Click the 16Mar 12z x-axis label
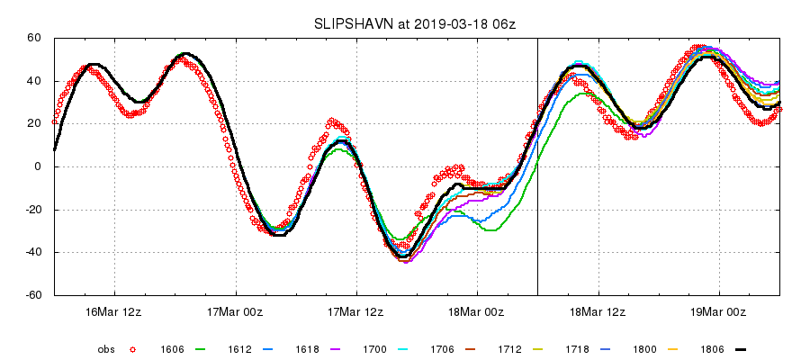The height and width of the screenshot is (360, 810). pyautogui.click(x=114, y=311)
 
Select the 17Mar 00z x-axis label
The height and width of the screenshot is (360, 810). pyautogui.click(x=236, y=311)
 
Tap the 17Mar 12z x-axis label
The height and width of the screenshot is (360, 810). pyautogui.click(x=356, y=311)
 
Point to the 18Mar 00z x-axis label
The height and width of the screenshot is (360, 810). pyautogui.click(x=478, y=311)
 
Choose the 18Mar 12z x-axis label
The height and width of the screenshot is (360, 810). pyautogui.click(x=598, y=311)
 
